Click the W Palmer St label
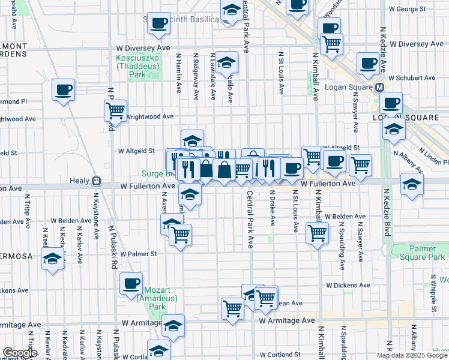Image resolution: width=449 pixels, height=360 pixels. click(137, 254)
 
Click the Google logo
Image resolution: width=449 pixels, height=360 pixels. click(20, 353)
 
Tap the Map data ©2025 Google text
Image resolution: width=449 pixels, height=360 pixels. click(412, 355)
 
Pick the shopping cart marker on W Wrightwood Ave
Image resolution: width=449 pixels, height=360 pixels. click(115, 110)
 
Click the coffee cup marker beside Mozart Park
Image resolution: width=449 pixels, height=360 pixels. click(131, 284)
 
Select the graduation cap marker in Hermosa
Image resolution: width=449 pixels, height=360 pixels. click(52, 259)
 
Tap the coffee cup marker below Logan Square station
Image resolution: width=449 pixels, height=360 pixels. click(391, 103)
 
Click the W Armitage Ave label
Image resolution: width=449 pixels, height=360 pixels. click(287, 321)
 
